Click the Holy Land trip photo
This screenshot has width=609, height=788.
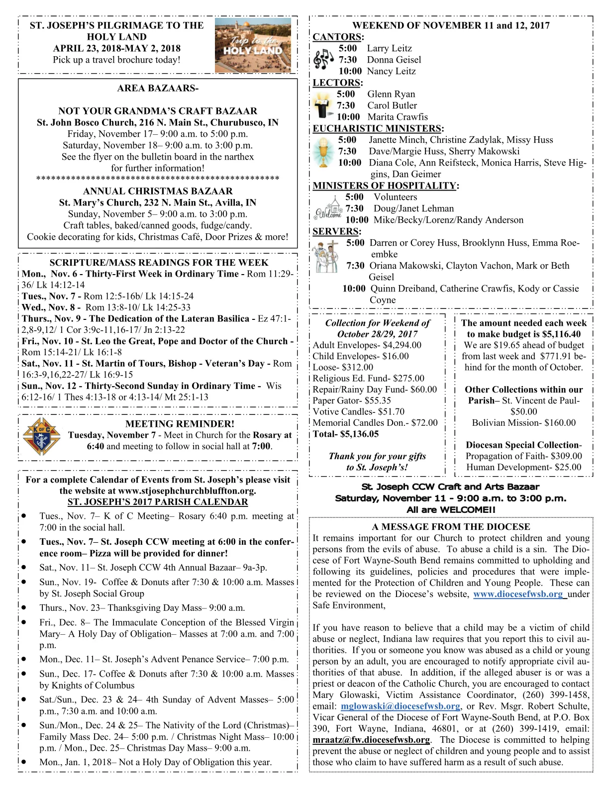253,45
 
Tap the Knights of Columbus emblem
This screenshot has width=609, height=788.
42,436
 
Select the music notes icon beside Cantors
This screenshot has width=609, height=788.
324,59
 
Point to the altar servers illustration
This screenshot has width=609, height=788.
326,257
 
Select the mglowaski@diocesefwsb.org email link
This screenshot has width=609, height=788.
400,706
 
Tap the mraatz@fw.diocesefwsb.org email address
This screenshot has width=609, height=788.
371,739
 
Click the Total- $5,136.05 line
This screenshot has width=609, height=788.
345,434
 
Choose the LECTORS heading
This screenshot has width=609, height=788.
337,83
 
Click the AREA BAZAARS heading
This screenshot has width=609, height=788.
158,89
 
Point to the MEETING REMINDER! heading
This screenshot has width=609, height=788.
180,424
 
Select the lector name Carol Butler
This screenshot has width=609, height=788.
392,105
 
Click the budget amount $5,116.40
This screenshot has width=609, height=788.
558,334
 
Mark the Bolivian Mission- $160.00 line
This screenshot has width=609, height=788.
523,423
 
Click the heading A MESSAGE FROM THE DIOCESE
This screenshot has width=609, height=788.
451,527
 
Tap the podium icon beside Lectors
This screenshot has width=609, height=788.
323,105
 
